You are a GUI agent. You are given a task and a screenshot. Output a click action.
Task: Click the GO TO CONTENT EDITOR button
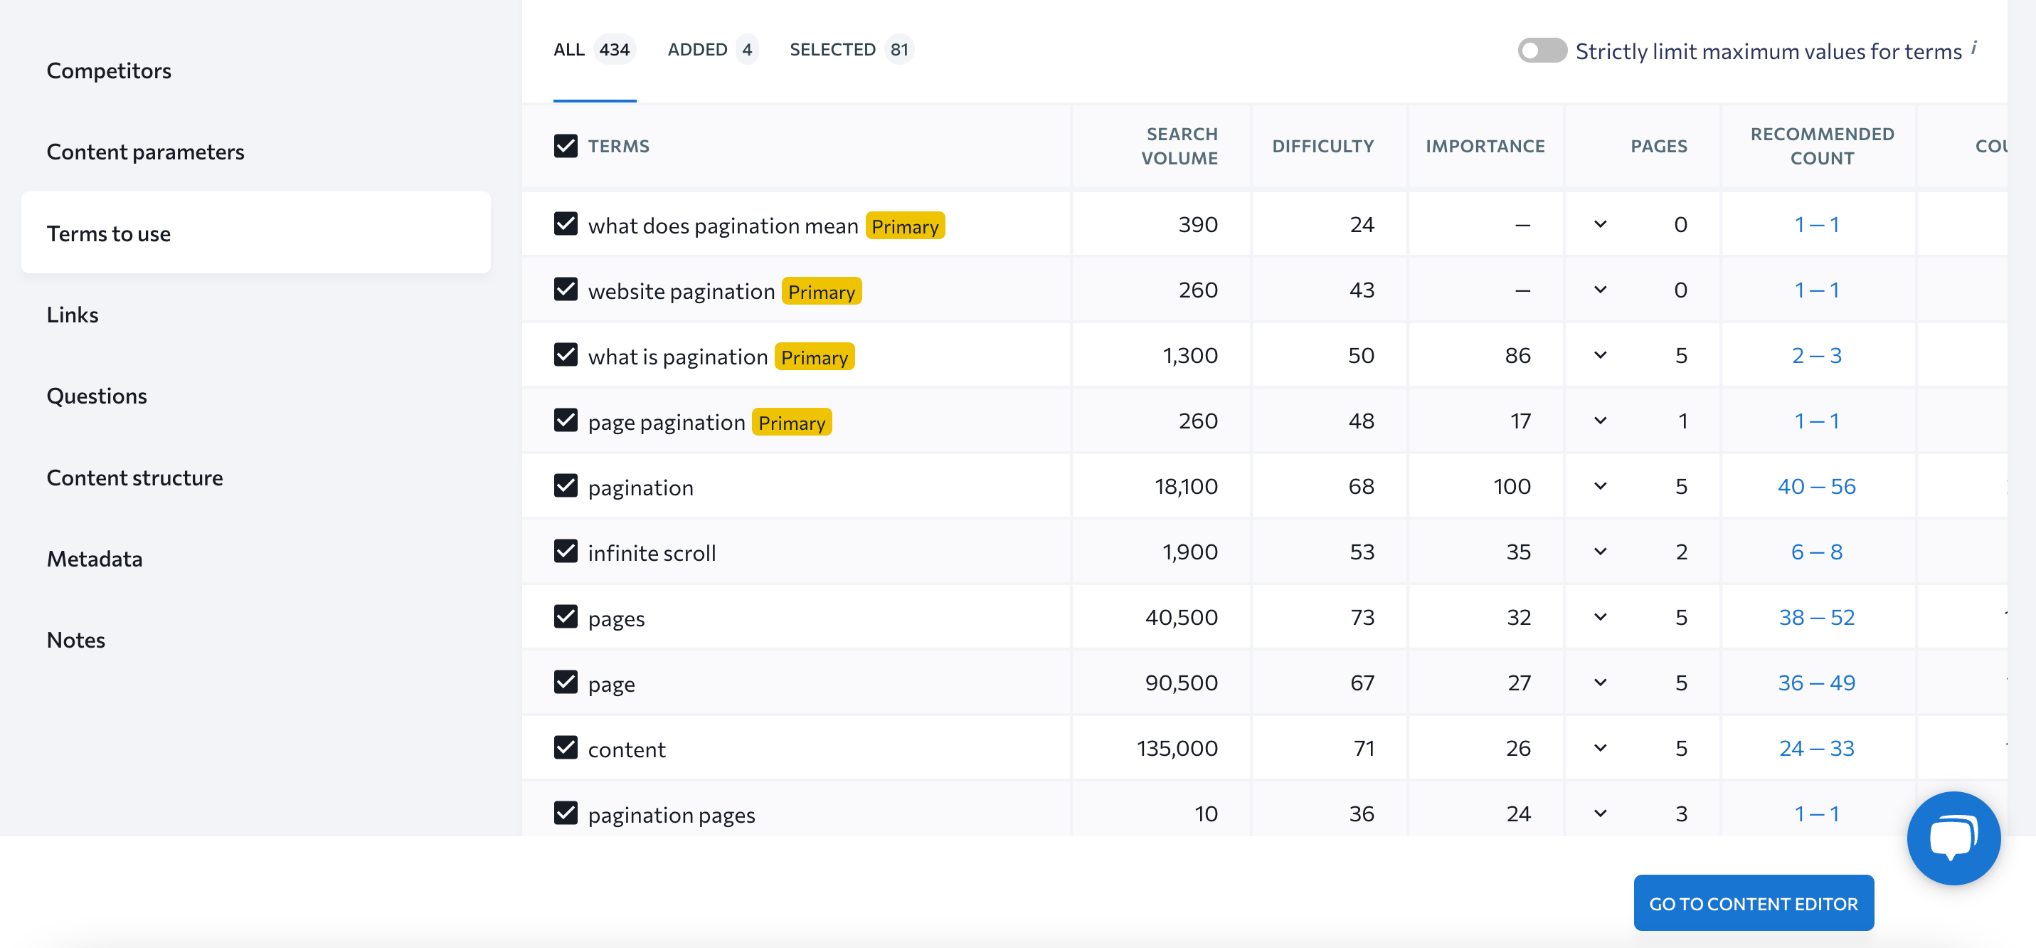[x=1752, y=903]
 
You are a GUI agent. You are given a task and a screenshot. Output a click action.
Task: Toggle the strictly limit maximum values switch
[x=1540, y=51]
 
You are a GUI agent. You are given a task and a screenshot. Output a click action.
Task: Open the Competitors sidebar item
[x=109, y=71]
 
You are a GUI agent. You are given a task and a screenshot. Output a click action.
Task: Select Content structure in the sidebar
[x=134, y=478]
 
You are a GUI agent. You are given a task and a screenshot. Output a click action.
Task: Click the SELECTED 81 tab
[x=850, y=50]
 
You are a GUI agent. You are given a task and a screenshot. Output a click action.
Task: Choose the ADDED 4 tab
[x=711, y=50]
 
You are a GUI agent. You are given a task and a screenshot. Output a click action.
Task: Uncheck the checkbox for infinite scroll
[x=566, y=551]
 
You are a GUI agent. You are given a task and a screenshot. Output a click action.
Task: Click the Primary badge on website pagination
[x=821, y=292]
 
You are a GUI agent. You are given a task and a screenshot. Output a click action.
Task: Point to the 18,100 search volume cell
[x=1186, y=486]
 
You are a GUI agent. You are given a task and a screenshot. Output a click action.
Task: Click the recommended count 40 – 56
[x=1816, y=486]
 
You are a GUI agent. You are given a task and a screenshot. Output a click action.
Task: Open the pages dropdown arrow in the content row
[x=1600, y=748]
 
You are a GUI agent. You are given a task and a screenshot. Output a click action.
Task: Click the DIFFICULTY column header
[x=1322, y=147]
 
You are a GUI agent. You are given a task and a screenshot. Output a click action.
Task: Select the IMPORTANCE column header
[x=1485, y=147]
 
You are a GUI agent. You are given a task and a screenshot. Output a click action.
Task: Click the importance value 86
[x=1517, y=356]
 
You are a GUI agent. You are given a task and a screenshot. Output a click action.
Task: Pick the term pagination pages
[x=671, y=815]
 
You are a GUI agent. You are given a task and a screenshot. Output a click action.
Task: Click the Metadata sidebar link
[x=95, y=559]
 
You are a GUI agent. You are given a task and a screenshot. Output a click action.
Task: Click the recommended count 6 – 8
[x=1816, y=552]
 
